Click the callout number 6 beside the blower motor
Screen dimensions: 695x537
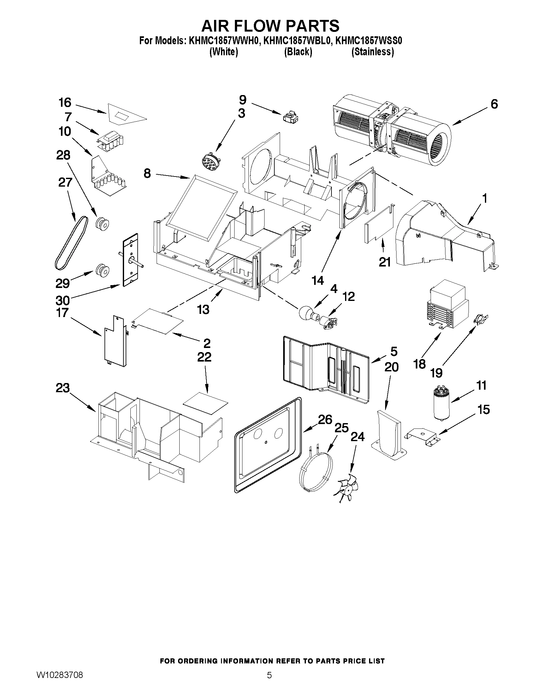coord(494,104)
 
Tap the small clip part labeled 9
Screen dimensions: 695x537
coord(290,117)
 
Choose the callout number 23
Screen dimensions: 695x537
coord(63,388)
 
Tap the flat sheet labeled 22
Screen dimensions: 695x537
coord(206,404)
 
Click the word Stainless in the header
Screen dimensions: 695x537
coord(373,52)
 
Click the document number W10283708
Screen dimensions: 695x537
coord(60,682)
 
